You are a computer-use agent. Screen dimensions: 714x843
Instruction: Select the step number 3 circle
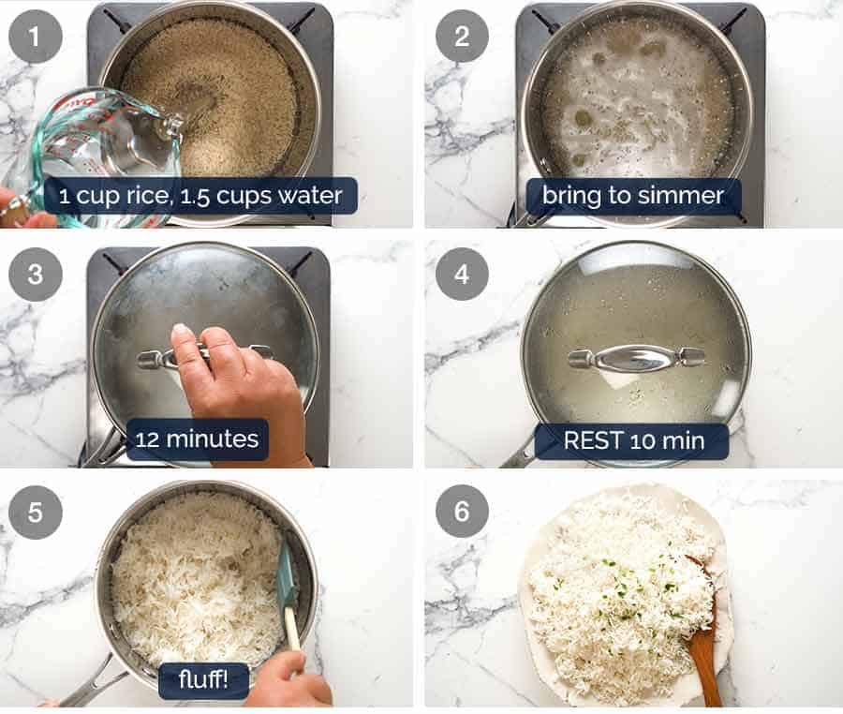(x=36, y=275)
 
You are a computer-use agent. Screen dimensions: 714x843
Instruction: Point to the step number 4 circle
(x=462, y=275)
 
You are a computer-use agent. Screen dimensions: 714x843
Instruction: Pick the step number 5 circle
(x=36, y=513)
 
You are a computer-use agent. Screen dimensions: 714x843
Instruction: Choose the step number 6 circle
(x=462, y=513)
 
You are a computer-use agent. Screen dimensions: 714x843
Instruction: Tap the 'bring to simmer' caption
(x=633, y=197)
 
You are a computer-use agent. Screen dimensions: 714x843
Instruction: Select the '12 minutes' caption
(x=197, y=439)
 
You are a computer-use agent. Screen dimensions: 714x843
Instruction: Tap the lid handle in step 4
(x=636, y=357)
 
